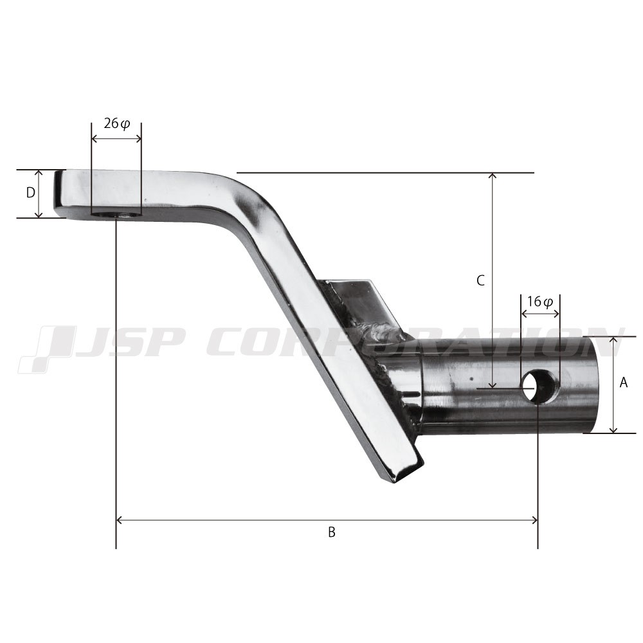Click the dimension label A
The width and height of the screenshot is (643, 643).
click(x=623, y=383)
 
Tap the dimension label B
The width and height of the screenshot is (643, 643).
click(x=332, y=532)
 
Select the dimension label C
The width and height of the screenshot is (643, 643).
click(x=480, y=280)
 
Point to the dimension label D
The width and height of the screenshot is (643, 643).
click(x=30, y=192)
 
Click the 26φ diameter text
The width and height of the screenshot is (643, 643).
click(x=116, y=123)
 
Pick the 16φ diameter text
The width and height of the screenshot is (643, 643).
click(x=540, y=302)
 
